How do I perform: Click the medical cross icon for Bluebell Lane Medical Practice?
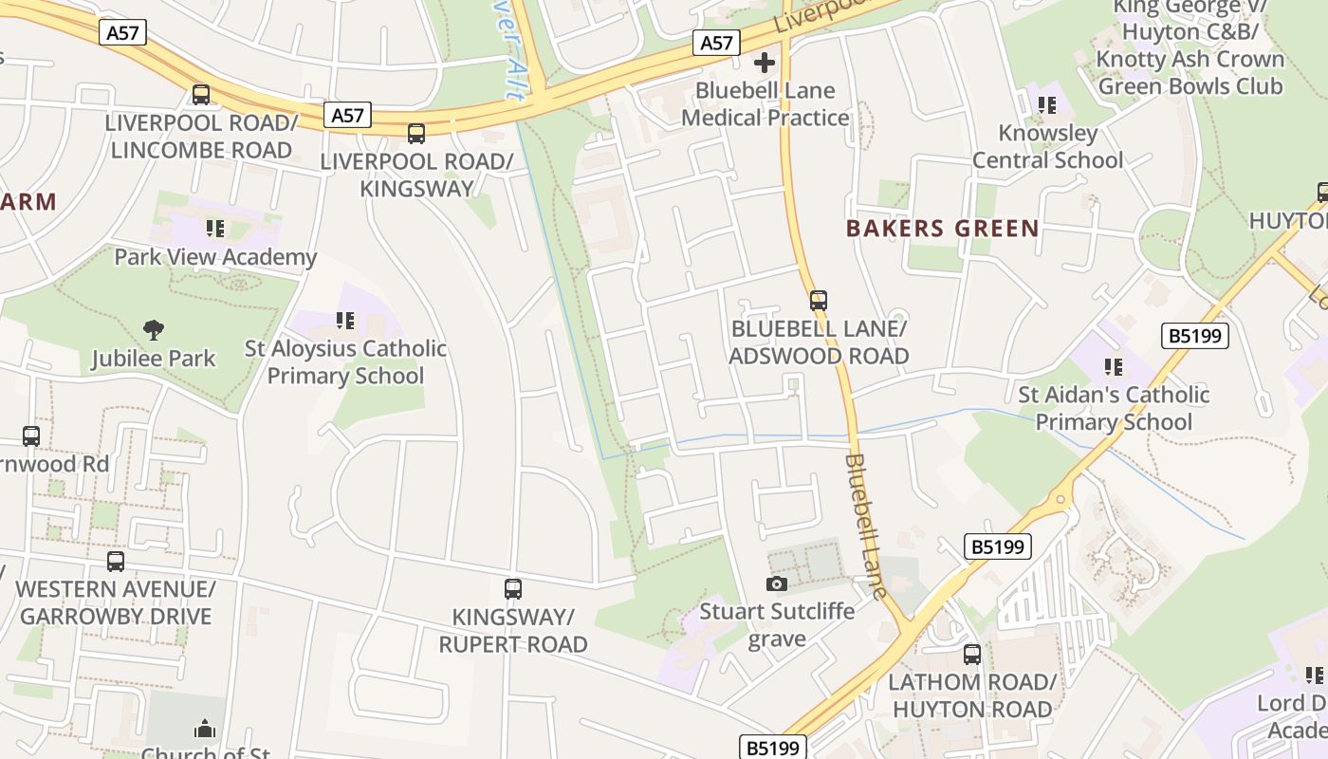(764, 64)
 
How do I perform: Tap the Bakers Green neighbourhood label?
(942, 229)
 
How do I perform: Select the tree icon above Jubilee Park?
(154, 330)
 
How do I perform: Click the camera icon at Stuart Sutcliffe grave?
(777, 583)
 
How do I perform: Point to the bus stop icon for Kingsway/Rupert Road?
(513, 589)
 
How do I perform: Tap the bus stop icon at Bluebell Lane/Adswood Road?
(819, 301)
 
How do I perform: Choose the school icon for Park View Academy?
(215, 229)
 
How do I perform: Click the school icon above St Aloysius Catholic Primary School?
(345, 321)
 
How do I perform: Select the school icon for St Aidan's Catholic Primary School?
(1113, 366)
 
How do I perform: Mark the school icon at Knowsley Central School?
(1047, 104)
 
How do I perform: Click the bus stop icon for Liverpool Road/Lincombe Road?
(200, 95)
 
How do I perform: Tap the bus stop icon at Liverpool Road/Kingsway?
(416, 134)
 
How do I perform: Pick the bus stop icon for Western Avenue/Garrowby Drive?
(116, 561)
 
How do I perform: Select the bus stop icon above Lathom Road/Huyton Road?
(972, 654)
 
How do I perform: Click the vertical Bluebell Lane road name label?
(866, 527)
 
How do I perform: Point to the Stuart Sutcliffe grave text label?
(776, 624)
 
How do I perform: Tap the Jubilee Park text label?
(154, 359)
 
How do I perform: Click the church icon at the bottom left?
(205, 729)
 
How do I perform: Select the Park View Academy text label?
(215, 257)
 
